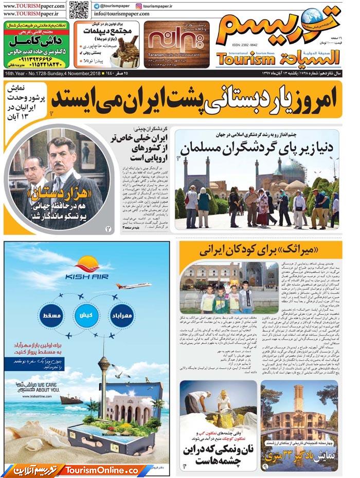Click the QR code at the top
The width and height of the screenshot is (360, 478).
point(79,9)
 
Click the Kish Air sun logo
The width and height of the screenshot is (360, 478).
point(86,266)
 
